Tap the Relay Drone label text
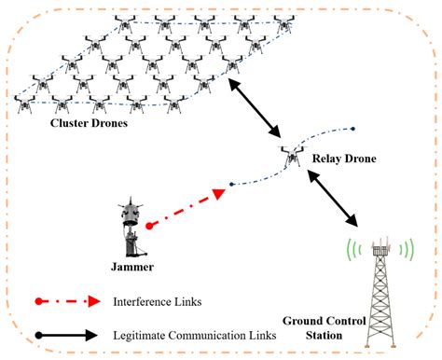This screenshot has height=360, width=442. [x=344, y=159]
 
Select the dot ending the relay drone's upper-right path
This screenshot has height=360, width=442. [x=352, y=129]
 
